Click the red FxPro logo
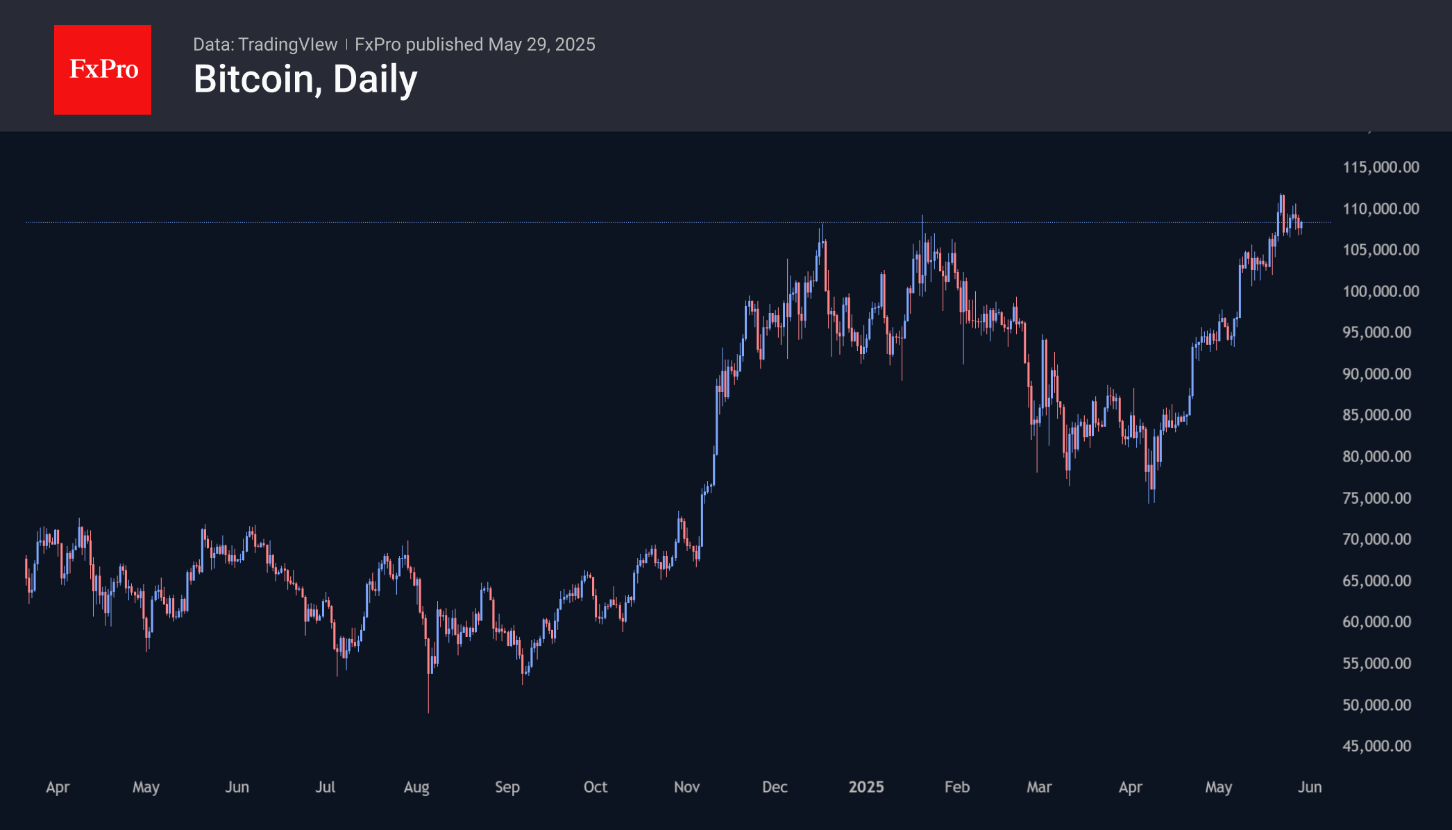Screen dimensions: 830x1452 click(x=103, y=69)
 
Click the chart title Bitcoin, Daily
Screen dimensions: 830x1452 click(x=305, y=79)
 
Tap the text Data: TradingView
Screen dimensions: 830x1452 click(x=265, y=44)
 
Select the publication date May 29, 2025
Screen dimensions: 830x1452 click(x=541, y=44)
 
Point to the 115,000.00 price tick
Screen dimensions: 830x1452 click(x=1381, y=167)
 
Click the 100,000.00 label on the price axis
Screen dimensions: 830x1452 click(x=1381, y=291)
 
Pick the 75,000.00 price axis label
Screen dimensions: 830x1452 click(x=1376, y=498)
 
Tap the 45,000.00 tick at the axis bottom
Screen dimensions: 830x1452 click(x=1376, y=746)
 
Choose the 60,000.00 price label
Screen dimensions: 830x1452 click(x=1376, y=622)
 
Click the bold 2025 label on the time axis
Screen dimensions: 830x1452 click(x=866, y=787)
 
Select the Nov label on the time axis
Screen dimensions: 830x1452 click(x=686, y=787)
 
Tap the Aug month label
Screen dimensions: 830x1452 click(x=416, y=787)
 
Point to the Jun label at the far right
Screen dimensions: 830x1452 click(x=1310, y=787)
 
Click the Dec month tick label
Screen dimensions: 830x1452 click(x=775, y=787)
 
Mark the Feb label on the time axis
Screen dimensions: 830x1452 click(x=956, y=787)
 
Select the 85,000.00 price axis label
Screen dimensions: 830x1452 click(x=1376, y=415)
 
